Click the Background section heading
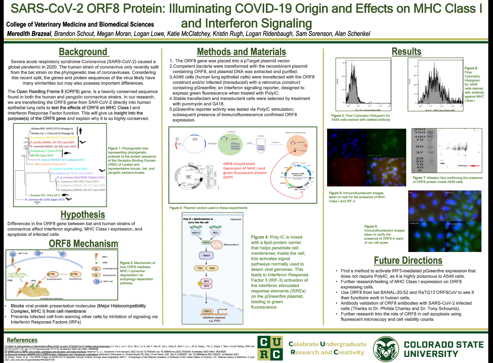83,52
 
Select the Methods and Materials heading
241,52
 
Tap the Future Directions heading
408,260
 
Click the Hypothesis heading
83,215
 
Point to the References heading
22,340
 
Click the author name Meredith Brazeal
29,34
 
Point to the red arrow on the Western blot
474,166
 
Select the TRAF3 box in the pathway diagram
206,256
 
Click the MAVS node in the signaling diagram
206,242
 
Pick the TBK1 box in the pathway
200,268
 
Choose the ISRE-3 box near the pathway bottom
207,311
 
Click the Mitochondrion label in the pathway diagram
232,245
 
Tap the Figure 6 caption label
471,68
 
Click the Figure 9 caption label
371,226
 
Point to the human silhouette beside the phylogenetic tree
81,131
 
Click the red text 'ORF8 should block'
239,164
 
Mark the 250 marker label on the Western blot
419,129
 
